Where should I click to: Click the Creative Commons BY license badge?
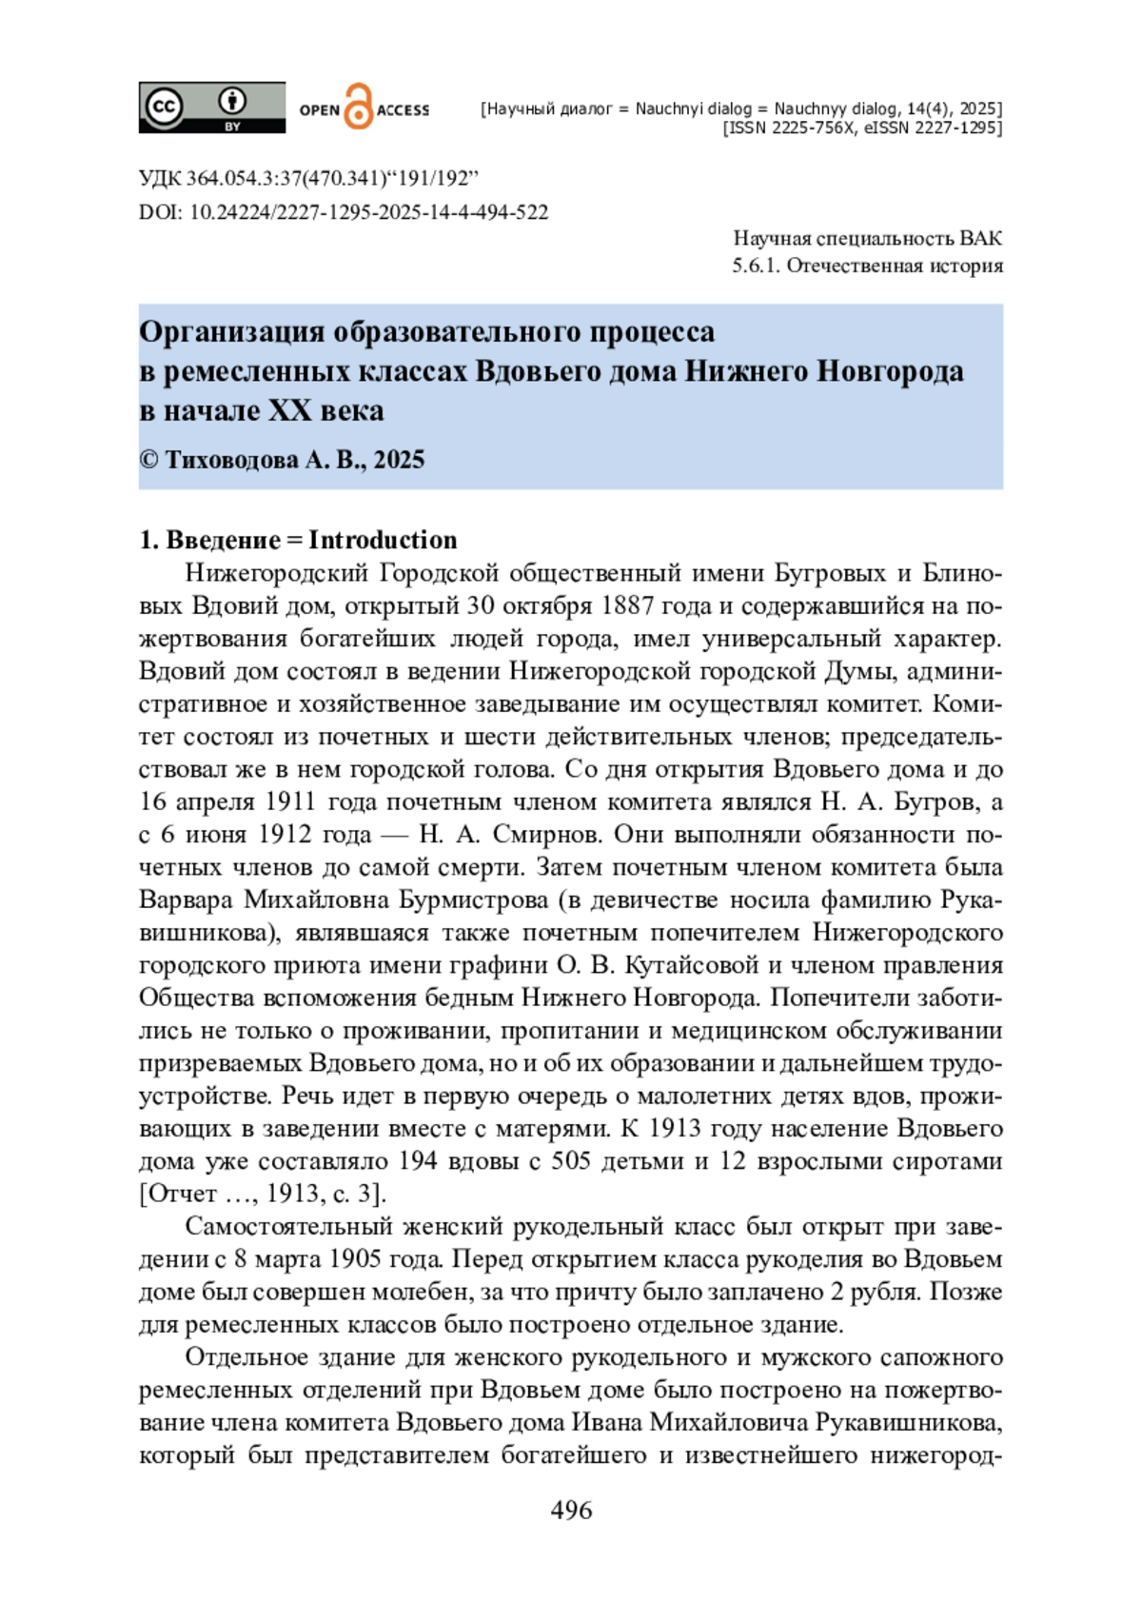[x=211, y=107]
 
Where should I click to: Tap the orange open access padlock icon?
[x=358, y=107]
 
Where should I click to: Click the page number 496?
[x=571, y=1511]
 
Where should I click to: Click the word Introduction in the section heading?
[x=383, y=540]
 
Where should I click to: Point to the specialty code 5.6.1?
[x=756, y=266]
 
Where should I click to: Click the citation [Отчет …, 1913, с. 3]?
[x=262, y=1194]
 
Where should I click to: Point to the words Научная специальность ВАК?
[x=867, y=238]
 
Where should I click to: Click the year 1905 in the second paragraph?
[x=356, y=1259]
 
